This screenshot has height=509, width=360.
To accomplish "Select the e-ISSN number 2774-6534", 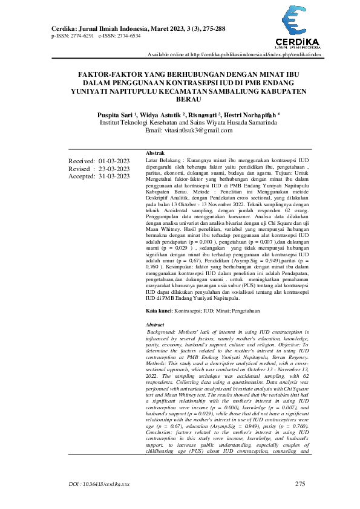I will (128, 36).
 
